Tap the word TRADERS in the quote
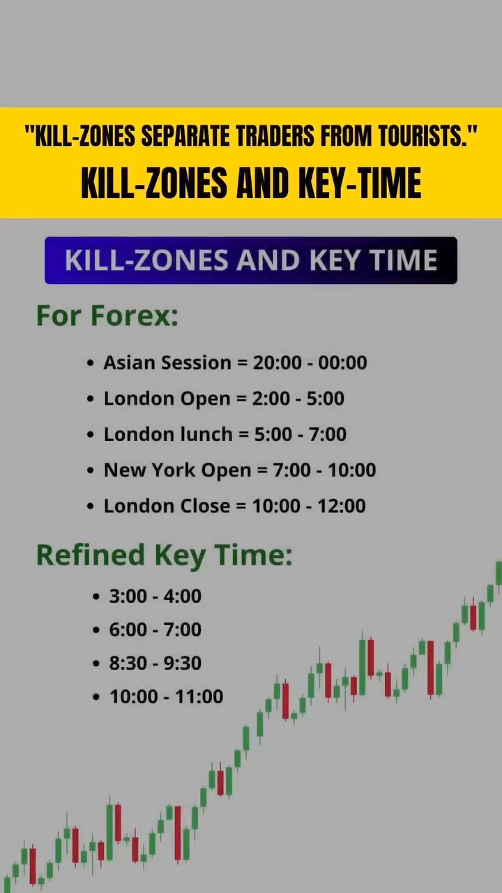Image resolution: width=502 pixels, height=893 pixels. click(x=275, y=136)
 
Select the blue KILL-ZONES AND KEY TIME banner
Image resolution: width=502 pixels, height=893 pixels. click(x=250, y=260)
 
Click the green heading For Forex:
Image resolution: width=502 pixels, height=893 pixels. click(x=107, y=316)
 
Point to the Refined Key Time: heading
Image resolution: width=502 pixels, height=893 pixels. click(x=164, y=556)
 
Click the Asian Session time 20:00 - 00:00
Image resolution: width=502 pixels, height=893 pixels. click(x=310, y=363)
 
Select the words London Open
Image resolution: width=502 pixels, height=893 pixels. click(x=167, y=398)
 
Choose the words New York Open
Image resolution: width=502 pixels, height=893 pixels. click(x=177, y=470)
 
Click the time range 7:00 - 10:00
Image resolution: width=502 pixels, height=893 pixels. click(x=324, y=470)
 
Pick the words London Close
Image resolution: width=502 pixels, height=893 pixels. click(x=167, y=506)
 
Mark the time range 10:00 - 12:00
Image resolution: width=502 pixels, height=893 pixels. click(x=309, y=506)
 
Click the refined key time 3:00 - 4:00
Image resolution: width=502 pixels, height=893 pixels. click(x=155, y=596)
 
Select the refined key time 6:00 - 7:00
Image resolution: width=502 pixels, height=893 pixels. click(x=155, y=629)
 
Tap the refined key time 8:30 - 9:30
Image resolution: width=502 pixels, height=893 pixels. click(x=155, y=663)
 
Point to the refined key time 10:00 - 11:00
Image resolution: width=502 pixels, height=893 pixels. click(x=167, y=696)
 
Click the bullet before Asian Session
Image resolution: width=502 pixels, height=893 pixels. click(x=91, y=363)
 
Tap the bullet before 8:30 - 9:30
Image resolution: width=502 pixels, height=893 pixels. click(x=96, y=663)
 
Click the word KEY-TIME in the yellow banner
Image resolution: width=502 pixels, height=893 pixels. click(x=360, y=183)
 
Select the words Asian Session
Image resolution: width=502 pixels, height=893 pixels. click(x=167, y=363)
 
